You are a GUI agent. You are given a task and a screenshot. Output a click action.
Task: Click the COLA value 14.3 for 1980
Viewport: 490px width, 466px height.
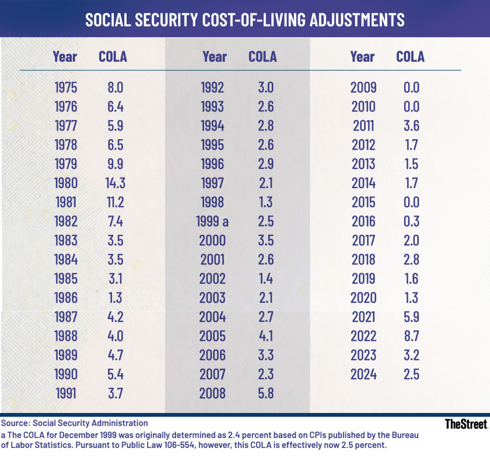tap(113, 183)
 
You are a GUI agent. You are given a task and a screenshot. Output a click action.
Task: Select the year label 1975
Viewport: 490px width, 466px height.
tap(65, 87)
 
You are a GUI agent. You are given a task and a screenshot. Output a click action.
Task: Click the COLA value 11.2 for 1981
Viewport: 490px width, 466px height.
tap(113, 202)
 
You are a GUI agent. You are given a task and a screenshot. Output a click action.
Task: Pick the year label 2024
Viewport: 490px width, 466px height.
tap(363, 374)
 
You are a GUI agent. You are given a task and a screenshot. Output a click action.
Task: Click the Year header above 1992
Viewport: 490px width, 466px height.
tap(214, 57)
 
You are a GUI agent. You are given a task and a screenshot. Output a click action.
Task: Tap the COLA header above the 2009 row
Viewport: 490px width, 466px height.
tap(410, 57)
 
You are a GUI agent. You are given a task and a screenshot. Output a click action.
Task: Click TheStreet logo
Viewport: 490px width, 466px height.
tap(466, 424)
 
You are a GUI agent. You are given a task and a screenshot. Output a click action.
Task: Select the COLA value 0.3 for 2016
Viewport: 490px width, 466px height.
tap(411, 221)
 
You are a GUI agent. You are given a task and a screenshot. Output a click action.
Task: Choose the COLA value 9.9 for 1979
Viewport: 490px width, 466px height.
tap(113, 164)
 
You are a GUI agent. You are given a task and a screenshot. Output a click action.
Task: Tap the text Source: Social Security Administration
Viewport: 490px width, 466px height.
tap(75, 423)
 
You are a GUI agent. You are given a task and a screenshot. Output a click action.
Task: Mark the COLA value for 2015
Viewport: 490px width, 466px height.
tap(411, 202)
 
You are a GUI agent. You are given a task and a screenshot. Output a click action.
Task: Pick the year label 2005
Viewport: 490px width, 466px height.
tap(212, 336)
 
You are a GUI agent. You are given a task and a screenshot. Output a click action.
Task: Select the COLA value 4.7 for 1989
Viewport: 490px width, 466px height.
tap(113, 355)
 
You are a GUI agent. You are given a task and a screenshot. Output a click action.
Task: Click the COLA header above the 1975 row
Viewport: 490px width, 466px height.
tap(113, 57)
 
